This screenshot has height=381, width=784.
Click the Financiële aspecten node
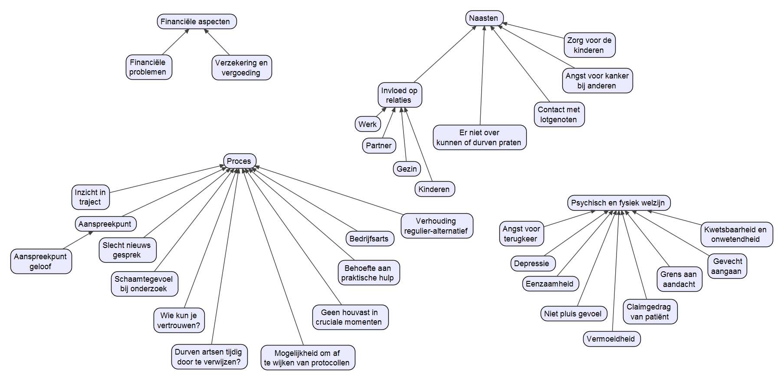pyautogui.click(x=197, y=22)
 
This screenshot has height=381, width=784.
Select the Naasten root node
pyautogui.click(x=484, y=18)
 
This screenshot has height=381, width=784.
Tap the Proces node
pyautogui.click(x=239, y=161)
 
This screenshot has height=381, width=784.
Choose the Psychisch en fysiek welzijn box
pyautogui.click(x=618, y=203)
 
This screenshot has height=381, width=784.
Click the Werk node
pyautogui.click(x=367, y=124)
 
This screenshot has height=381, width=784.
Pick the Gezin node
pyautogui.click(x=407, y=169)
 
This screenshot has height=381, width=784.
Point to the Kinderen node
pyautogui.click(x=434, y=189)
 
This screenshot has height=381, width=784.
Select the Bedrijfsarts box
pyautogui.click(x=369, y=239)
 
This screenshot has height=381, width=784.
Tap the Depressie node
pyautogui.click(x=531, y=264)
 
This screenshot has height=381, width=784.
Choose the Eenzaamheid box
pyautogui.click(x=550, y=284)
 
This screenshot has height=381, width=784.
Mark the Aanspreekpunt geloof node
pyautogui.click(x=41, y=261)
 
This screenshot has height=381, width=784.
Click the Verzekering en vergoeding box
pyautogui.click(x=241, y=68)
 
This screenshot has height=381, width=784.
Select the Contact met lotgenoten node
pyautogui.click(x=558, y=114)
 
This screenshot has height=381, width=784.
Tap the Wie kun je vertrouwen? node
pyautogui.click(x=179, y=320)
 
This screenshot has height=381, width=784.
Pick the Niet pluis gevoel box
pyautogui.click(x=573, y=314)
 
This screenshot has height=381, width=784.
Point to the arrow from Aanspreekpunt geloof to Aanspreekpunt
pyautogui.click(x=77, y=240)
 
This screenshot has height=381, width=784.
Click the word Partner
pyautogui.click(x=378, y=146)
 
